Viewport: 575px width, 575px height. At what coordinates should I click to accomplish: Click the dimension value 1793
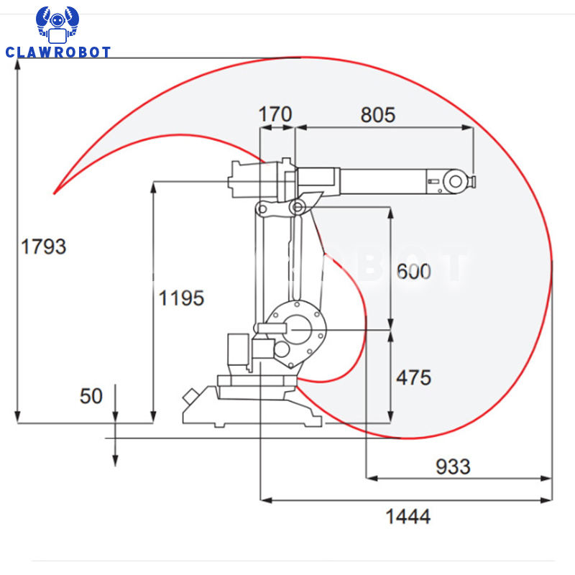pos(44,246)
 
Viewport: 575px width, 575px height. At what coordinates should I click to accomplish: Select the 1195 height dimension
pos(181,298)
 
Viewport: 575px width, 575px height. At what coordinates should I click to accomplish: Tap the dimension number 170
pos(275,114)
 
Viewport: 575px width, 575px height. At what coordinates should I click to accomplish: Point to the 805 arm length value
pos(378,115)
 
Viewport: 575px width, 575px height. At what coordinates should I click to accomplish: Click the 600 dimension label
pos(414,272)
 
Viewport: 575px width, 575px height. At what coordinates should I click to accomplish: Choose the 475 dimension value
pos(414,378)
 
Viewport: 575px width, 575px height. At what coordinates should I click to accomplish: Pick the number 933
pos(453,466)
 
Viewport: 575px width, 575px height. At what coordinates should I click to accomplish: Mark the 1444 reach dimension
pos(408,517)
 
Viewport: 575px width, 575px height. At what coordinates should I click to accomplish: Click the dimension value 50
pos(91,396)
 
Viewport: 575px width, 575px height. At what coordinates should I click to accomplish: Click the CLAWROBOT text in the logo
pos(58,52)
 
